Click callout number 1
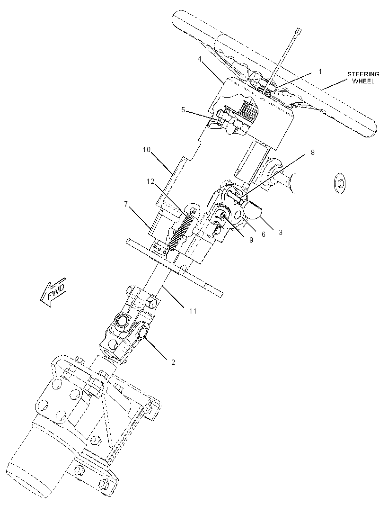pos(320,71)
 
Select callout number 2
pos(173,362)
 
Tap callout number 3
pos(281,232)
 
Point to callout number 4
pos(200,60)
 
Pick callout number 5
pos(183,110)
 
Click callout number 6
pos(263,234)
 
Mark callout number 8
pos(312,153)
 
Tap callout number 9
pos(251,240)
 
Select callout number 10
pos(147,150)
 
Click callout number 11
pos(193,311)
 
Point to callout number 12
pos(150,181)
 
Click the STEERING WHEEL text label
pos(363,78)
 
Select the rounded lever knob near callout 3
pos(253,210)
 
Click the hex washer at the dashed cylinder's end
pos(340,182)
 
